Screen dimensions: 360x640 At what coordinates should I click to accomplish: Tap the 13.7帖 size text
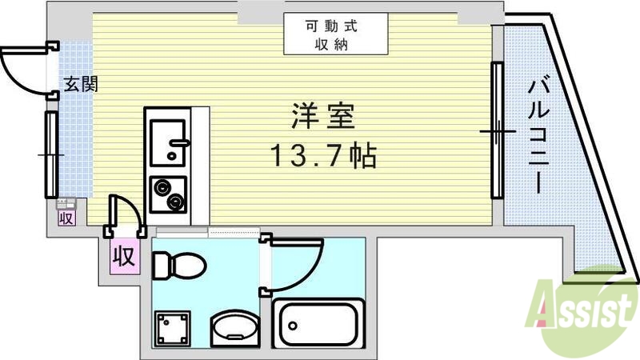(x=322, y=156)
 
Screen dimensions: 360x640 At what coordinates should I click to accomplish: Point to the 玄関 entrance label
(x=81, y=83)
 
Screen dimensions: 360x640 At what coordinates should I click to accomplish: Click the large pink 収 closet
(x=122, y=257)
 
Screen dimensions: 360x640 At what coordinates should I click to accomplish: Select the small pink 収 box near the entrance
(x=66, y=216)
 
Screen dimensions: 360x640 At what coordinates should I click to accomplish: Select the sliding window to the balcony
(x=496, y=130)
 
